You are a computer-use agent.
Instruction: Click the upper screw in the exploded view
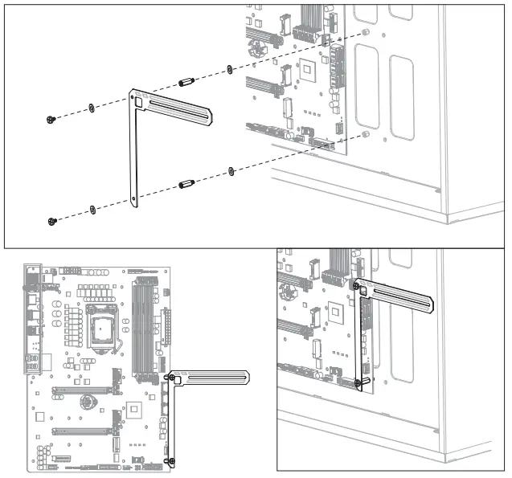coord(51,120)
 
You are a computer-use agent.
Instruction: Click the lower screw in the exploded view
coord(51,221)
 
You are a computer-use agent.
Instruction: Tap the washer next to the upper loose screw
coord(92,107)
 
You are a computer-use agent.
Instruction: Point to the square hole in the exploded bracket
coord(138,101)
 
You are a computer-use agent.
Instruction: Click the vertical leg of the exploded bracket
coord(135,161)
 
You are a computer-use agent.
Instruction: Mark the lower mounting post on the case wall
coord(366,133)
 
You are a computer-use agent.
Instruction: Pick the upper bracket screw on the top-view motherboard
coord(170,377)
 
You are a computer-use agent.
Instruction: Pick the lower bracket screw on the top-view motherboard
coord(171,460)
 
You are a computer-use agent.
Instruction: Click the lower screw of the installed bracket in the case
coord(356,383)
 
